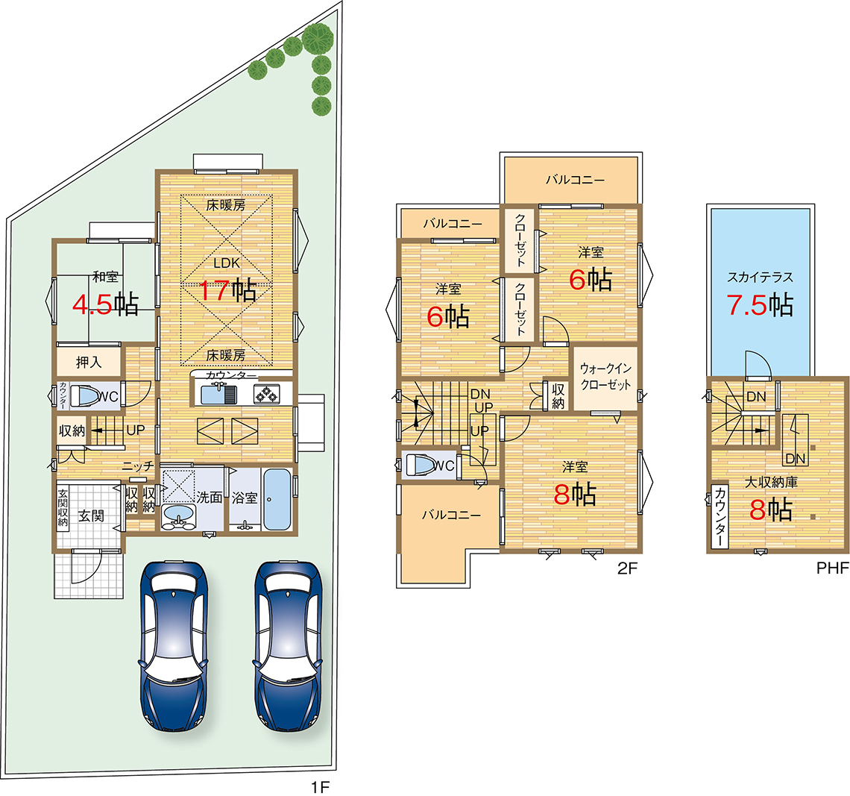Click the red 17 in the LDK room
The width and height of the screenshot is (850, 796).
point(215,290)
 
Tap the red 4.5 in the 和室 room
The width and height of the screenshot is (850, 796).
point(92,304)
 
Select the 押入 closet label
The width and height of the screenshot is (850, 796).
point(89,362)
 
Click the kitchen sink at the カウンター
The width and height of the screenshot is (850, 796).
point(218,394)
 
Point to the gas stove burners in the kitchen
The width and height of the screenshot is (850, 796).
point(267,394)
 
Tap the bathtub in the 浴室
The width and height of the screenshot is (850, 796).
point(277,499)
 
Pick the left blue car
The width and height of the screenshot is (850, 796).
point(173,645)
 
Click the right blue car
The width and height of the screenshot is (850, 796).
point(288,645)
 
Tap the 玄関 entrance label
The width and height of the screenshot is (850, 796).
point(91,515)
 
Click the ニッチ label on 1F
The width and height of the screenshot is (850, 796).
point(138,466)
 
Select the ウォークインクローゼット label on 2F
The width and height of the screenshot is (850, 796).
point(605,377)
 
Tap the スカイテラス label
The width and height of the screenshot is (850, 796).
point(760,277)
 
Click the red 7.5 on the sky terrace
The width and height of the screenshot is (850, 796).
point(747,304)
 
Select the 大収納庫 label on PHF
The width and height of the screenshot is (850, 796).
point(771,482)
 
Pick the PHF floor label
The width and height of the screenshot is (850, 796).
point(833,568)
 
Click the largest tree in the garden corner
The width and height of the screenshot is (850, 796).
point(318,37)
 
